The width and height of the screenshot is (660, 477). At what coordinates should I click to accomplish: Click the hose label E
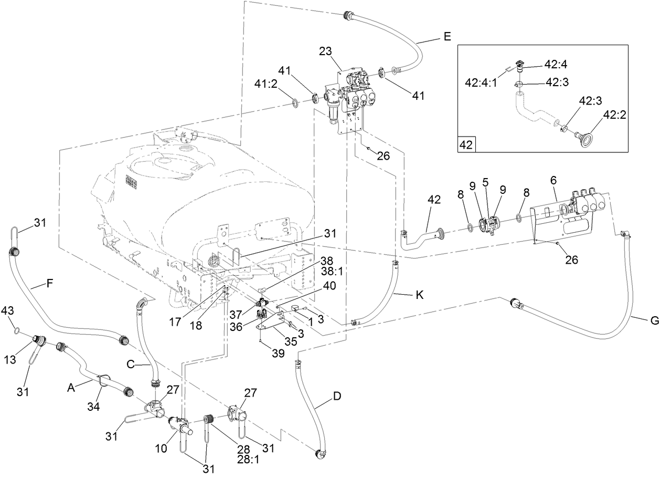(x=446, y=36)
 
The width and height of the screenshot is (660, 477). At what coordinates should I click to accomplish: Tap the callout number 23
(x=326, y=51)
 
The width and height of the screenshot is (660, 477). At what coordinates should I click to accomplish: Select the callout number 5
(x=486, y=182)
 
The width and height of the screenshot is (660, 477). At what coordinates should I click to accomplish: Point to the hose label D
(x=337, y=396)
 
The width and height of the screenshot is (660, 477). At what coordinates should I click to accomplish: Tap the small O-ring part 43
(x=17, y=331)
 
